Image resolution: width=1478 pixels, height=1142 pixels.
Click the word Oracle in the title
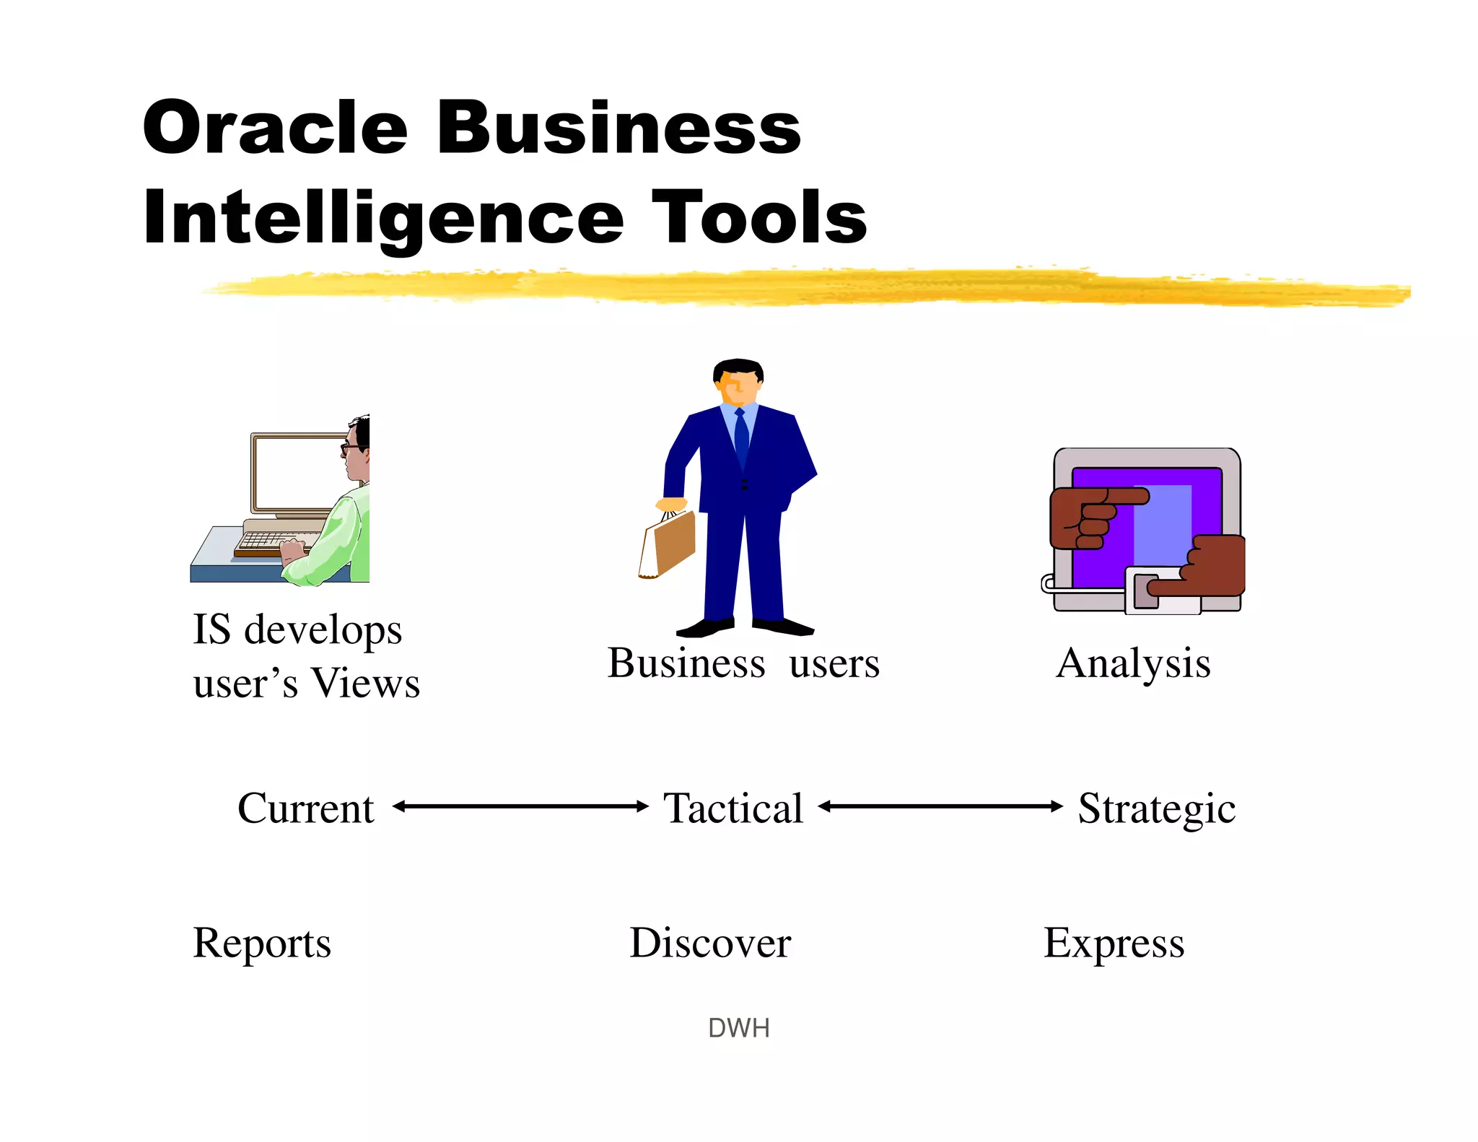(274, 128)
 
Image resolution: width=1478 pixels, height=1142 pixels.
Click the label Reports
(261, 943)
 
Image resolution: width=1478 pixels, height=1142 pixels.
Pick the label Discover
(710, 943)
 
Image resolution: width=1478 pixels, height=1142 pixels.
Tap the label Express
(1114, 943)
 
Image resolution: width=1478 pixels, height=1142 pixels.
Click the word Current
(305, 808)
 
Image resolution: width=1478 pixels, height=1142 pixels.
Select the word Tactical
(733, 808)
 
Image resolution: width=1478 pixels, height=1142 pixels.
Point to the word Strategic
(1156, 808)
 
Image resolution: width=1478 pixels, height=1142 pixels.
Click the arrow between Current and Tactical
(520, 806)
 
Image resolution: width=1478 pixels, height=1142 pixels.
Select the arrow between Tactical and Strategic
(940, 806)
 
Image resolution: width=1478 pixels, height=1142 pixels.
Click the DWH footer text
(738, 1028)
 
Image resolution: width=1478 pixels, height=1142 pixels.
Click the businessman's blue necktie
(741, 437)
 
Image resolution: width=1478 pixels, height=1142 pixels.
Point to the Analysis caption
(1133, 663)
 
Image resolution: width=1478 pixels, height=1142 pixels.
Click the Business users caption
(743, 663)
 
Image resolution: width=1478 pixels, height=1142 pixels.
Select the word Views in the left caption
(365, 683)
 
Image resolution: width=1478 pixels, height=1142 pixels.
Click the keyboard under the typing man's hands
(271, 541)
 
